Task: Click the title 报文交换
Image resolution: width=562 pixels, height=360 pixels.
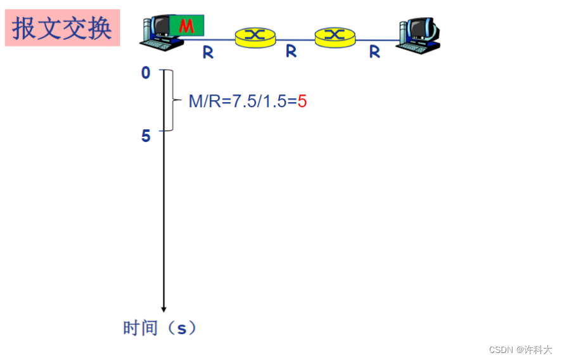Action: (x=62, y=28)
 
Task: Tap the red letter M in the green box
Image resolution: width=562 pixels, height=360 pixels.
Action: (x=186, y=26)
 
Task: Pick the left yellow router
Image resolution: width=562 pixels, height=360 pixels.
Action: (x=255, y=36)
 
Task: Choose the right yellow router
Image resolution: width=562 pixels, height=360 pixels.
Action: (x=335, y=36)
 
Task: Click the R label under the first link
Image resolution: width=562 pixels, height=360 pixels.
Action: (x=208, y=53)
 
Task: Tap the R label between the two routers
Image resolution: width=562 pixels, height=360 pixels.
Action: (x=291, y=51)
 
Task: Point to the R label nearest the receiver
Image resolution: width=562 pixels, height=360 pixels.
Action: (x=374, y=52)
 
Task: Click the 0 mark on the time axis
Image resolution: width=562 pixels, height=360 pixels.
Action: (x=146, y=73)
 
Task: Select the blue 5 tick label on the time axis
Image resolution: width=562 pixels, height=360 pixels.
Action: (x=146, y=136)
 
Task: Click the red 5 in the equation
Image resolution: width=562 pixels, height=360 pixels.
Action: (x=302, y=101)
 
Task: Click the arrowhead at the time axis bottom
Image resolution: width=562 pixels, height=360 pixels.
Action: (x=163, y=309)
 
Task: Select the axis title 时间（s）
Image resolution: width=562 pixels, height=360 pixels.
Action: (x=160, y=328)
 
